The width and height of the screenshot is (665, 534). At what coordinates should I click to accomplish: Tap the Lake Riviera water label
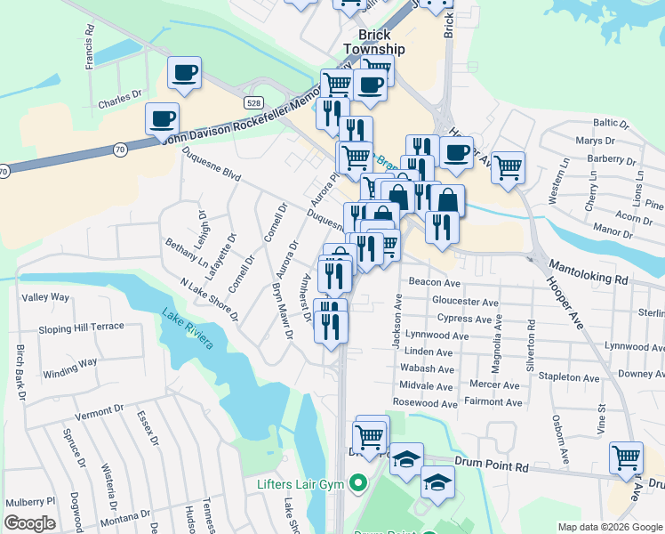tap(188, 327)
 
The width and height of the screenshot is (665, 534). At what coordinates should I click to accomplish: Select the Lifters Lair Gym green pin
tap(358, 484)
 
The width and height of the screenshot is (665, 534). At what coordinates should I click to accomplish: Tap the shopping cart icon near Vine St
tap(626, 457)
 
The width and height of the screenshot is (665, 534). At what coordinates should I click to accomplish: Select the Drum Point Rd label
tap(492, 465)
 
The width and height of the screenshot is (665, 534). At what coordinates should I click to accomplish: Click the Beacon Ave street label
tap(434, 282)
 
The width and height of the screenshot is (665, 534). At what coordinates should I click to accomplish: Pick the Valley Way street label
tap(45, 296)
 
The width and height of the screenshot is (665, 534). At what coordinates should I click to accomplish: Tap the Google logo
tap(29, 523)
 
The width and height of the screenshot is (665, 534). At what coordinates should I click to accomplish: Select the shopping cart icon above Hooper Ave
tap(508, 166)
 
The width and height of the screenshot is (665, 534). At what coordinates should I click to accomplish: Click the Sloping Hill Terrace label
tap(81, 327)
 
